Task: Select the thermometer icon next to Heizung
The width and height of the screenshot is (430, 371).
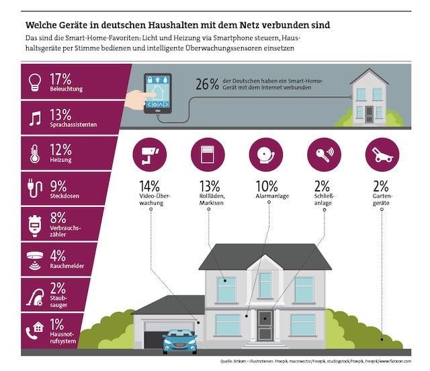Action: click(x=33, y=153)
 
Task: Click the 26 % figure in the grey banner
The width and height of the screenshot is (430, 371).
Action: click(x=207, y=85)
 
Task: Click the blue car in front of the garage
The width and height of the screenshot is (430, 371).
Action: click(x=179, y=340)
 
